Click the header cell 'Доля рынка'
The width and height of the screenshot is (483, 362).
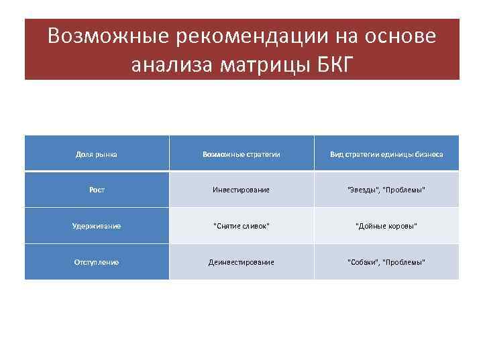(97, 154)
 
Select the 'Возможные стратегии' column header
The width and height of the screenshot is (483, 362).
(241, 154)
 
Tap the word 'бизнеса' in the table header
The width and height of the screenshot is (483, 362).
(427, 154)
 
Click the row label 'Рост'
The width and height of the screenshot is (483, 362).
(97, 190)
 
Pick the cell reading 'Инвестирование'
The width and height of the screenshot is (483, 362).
(241, 190)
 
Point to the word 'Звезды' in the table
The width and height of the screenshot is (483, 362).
(363, 190)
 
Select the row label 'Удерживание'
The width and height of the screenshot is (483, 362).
(97, 226)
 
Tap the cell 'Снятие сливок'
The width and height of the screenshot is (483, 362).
(241, 226)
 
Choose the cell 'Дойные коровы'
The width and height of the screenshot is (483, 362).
(386, 226)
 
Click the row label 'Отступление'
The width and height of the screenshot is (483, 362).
(97, 262)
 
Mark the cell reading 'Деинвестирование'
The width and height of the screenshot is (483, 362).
(241, 262)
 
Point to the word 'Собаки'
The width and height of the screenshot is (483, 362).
(363, 262)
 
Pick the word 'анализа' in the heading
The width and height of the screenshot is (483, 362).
(172, 65)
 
